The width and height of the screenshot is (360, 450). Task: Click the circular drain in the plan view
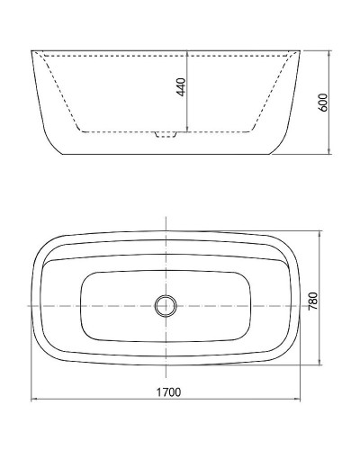pyautogui.click(x=165, y=305)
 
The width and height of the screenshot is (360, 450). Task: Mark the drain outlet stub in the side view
pyautogui.click(x=165, y=135)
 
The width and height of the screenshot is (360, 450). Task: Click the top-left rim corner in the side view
pyautogui.click(x=32, y=50)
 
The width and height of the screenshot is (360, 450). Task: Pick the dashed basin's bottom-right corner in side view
pyautogui.click(x=253, y=131)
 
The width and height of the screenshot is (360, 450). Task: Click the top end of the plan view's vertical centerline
pyautogui.click(x=165, y=219)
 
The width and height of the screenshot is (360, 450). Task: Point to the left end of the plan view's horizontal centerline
pyautogui.click(x=25, y=305)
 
